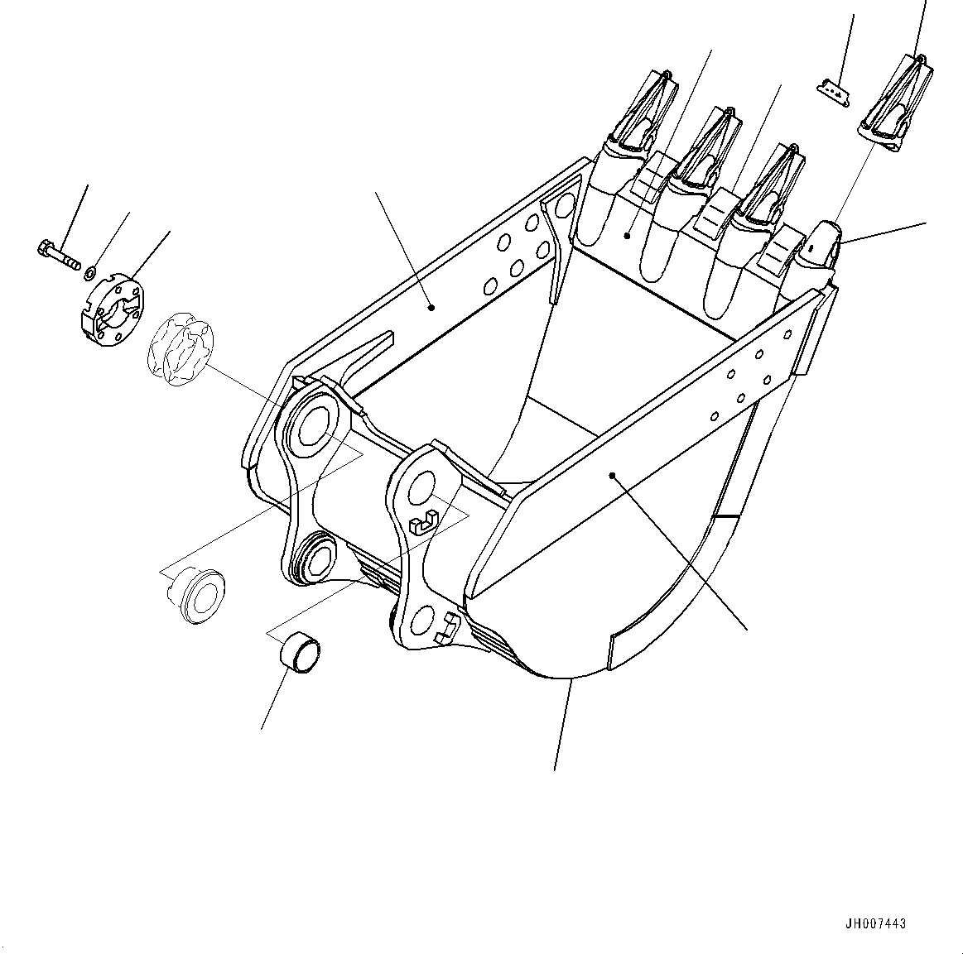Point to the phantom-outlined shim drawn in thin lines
(x=181, y=348)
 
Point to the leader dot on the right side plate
(x=612, y=475)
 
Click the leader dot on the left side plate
(x=431, y=308)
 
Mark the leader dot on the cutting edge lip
(x=627, y=236)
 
